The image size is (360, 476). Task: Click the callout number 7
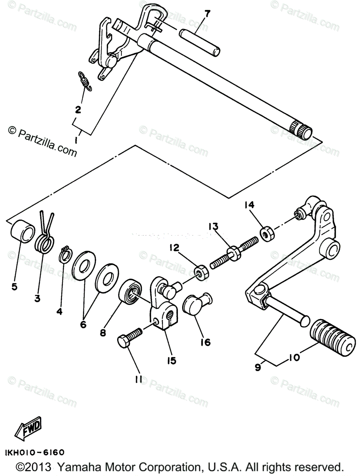coord(207,14)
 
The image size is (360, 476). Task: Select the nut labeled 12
coord(200,273)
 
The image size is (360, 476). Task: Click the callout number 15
coord(172,361)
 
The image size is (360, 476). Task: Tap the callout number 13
coord(214,226)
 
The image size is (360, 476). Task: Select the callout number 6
coord(83,324)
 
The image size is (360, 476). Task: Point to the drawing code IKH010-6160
coord(35,452)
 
